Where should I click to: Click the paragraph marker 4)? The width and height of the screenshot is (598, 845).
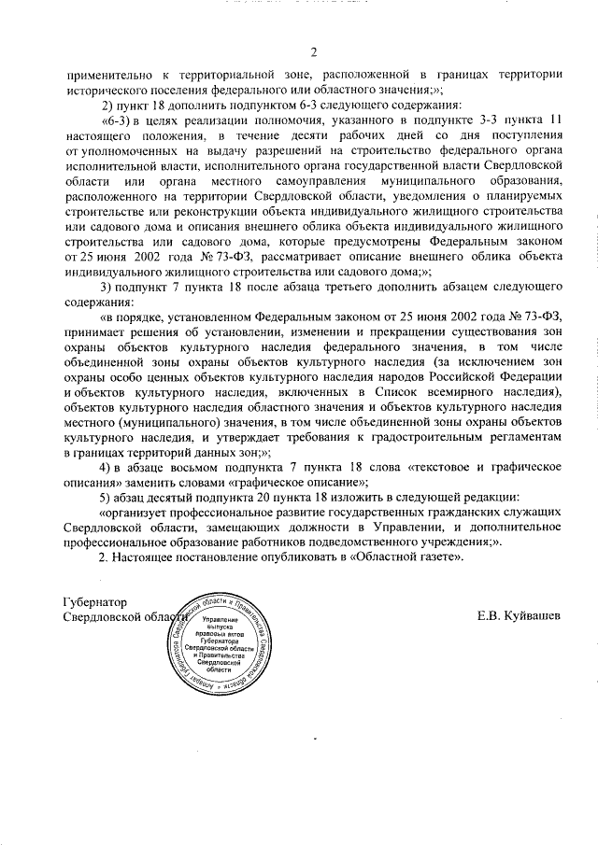point(107,467)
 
